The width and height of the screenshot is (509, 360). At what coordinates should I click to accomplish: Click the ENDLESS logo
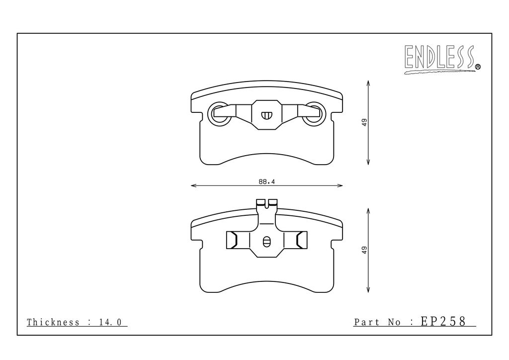pos(442,59)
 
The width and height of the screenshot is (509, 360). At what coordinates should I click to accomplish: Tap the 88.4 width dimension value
pos(266,182)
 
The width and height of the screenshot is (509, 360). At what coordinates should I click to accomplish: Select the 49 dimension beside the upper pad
pos(364,122)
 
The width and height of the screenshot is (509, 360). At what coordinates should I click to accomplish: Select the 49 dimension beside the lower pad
pos(364,250)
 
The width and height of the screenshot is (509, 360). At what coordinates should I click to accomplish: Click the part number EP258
pos(443,321)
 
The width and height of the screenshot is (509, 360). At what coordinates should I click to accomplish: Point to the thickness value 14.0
pos(110,322)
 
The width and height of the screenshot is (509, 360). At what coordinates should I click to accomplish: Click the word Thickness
pos(53,322)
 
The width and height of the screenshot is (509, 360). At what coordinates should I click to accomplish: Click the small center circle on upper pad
pos(266,115)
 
